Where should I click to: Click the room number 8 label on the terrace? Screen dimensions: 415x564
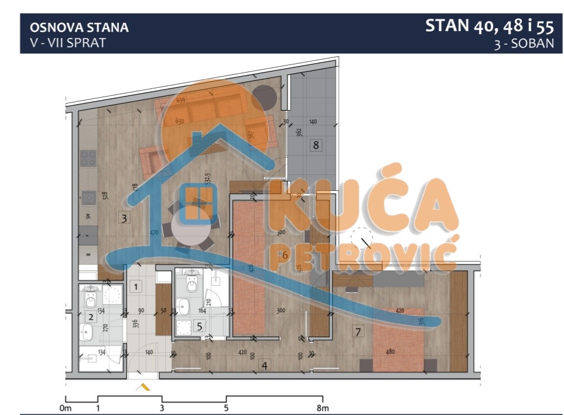point(316,145)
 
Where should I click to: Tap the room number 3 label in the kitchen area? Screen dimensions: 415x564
point(124,218)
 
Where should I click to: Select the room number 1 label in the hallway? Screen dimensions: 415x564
point(135,287)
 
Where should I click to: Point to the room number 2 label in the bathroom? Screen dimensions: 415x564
point(91,317)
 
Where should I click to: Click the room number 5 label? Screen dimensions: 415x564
point(199,327)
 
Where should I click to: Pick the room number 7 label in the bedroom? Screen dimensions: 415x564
point(358,331)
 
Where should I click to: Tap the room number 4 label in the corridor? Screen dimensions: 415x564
point(265,366)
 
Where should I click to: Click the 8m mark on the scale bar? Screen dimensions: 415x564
point(323,408)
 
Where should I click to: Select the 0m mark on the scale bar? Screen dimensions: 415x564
point(65,408)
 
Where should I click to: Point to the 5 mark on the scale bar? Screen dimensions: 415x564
point(226,408)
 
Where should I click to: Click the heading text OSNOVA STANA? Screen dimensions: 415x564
point(79,28)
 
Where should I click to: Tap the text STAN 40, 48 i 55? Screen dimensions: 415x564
point(489,26)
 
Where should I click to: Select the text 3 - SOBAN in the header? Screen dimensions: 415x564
point(524,44)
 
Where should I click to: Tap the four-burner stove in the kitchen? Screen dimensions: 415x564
point(88,158)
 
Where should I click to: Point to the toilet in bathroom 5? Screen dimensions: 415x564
point(190,285)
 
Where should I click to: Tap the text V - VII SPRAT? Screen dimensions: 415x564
point(67,43)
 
